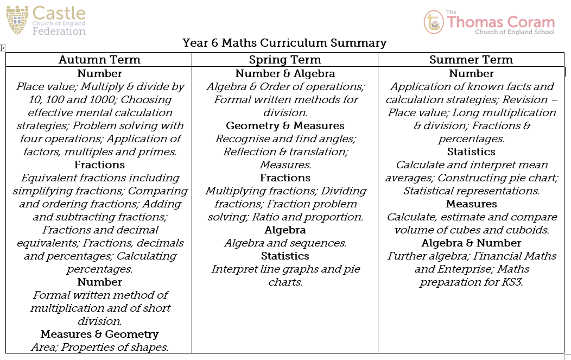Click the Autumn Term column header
(99, 60)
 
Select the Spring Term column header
(285, 60)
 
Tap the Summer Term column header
(471, 60)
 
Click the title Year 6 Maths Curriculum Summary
(284, 43)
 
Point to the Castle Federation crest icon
(17, 21)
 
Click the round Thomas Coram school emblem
(433, 22)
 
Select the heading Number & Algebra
(285, 73)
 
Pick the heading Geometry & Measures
(285, 125)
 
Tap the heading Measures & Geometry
(99, 334)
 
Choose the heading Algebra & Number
(471, 243)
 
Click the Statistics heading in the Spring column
(285, 256)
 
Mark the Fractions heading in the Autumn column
(99, 165)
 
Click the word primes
(160, 152)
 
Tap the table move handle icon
(2, 48)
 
